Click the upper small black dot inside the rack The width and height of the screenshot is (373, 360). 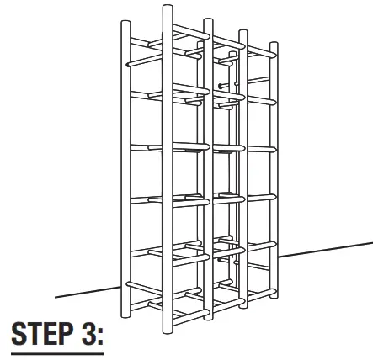(x=220, y=86)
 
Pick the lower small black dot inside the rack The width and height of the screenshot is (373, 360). (x=220, y=260)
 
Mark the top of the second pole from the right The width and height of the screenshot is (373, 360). (x=243, y=34)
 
